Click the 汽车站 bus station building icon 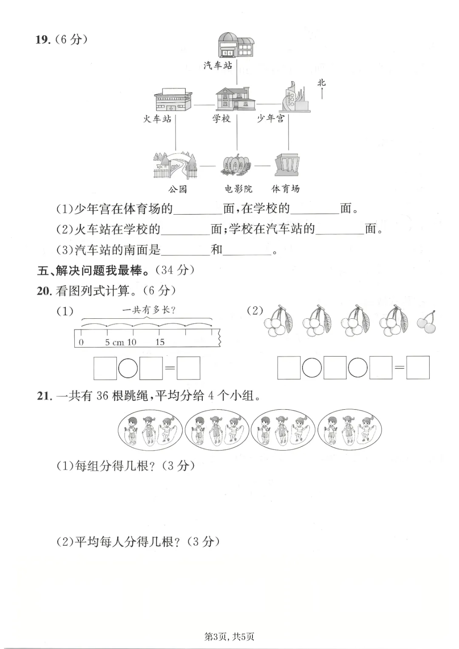[236, 45]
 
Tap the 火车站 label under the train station [157, 119]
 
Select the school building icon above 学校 [235, 99]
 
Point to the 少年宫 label [271, 119]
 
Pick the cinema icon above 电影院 [236, 166]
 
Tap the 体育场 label [286, 189]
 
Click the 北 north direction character [321, 83]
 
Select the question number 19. [43, 40]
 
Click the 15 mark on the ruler [160, 342]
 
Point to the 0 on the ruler [81, 342]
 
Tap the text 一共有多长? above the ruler [149, 310]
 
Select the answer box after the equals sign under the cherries [417, 368]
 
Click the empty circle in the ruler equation [128, 368]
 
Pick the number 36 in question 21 [102, 396]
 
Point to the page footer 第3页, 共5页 [229, 636]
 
